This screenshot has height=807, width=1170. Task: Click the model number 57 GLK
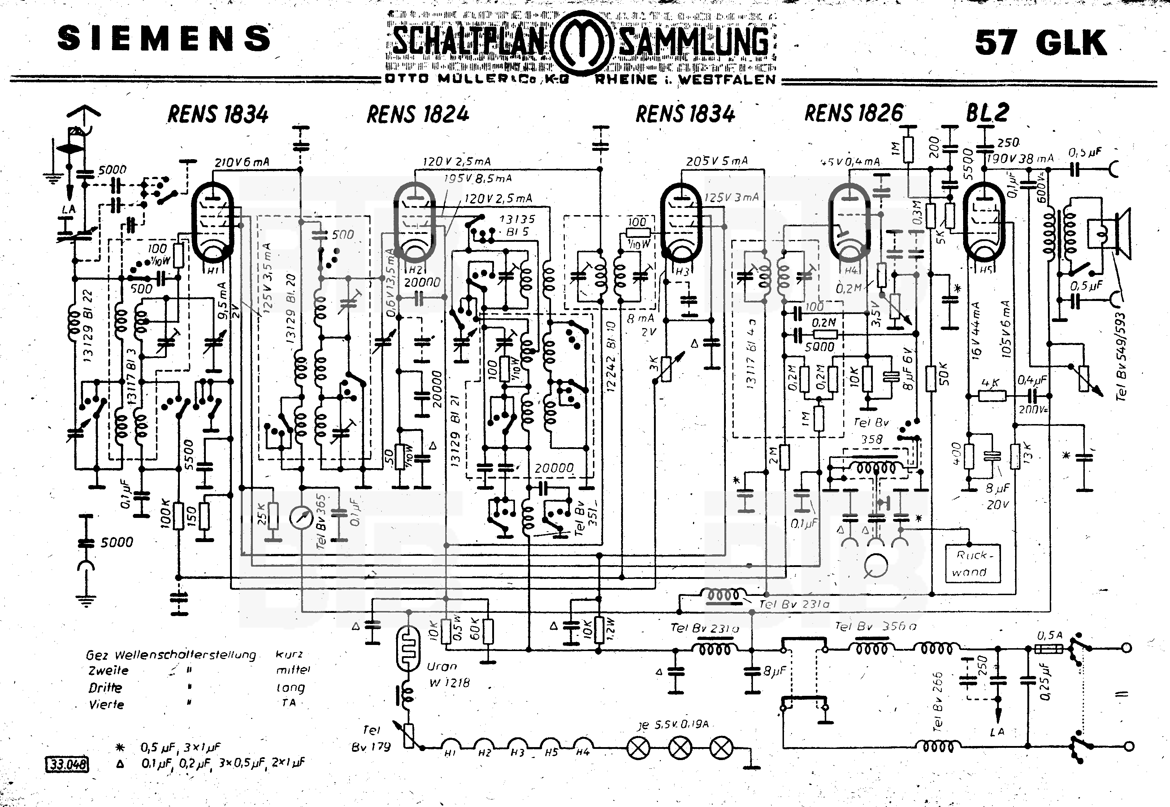1040,43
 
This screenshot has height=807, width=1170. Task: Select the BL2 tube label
987,113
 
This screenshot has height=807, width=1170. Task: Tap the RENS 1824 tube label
418,114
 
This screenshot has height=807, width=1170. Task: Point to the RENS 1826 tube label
853,114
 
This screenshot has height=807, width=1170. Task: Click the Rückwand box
972,563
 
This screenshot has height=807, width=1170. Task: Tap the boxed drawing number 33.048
67,764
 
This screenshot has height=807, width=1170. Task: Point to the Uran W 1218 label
448,675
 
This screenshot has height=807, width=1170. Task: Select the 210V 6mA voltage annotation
242,162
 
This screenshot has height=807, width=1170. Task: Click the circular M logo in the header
581,43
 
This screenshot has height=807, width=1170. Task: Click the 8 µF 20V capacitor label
997,496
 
